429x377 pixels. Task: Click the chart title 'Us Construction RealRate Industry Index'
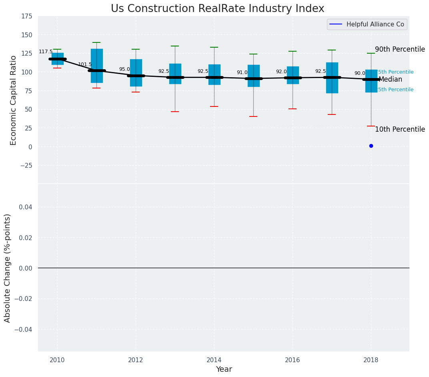pos(217,9)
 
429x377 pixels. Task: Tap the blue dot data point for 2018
pos(371,146)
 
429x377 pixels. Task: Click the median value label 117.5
pos(46,52)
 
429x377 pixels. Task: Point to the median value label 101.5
pos(85,64)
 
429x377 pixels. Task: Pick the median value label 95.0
pos(124,69)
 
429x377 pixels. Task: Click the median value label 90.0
pos(360,74)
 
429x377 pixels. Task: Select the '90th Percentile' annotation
pos(400,50)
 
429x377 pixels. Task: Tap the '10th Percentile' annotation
pos(400,130)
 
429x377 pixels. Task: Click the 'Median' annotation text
pos(390,80)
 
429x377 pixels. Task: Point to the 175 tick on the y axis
pos(27,16)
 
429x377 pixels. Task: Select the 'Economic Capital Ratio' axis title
pos(14,100)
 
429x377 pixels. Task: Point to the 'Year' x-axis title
pos(224,369)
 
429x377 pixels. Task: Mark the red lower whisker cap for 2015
pos(253,116)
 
